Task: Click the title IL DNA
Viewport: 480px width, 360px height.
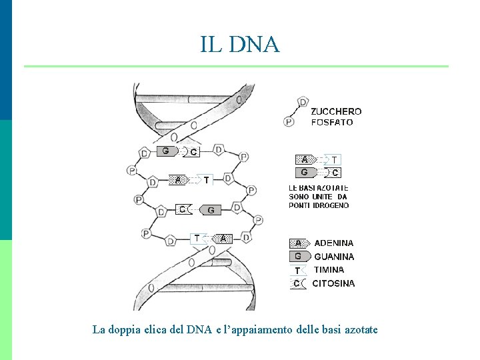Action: tap(240, 44)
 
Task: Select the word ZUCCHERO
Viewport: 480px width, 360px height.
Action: tap(336, 111)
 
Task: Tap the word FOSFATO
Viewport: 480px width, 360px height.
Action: tap(332, 122)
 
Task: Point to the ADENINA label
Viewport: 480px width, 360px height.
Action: tap(334, 243)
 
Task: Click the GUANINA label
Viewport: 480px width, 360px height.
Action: tap(334, 257)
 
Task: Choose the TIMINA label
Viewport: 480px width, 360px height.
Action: tap(329, 270)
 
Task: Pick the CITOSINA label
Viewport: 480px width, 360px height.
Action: tap(333, 283)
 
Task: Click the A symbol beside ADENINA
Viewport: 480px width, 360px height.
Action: tap(299, 243)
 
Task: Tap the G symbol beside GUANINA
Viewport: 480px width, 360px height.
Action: tap(298, 257)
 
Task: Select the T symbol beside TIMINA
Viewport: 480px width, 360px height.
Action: tap(297, 270)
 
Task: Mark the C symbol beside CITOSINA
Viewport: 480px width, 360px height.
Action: tap(297, 283)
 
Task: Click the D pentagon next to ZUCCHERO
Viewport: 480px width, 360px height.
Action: tap(303, 102)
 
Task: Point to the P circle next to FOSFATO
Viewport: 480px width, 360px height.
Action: tap(289, 121)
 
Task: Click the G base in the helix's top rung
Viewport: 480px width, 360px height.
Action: tap(165, 151)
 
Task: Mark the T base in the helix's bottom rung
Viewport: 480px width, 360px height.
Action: tap(197, 238)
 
